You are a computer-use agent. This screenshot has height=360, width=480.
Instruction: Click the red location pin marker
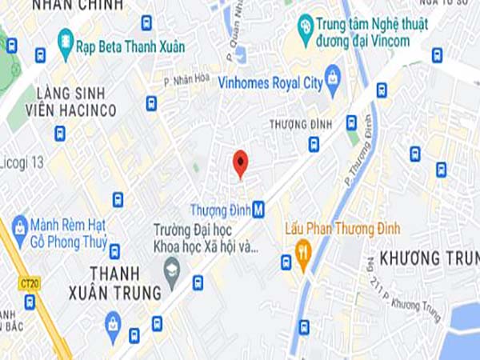[x=240, y=163]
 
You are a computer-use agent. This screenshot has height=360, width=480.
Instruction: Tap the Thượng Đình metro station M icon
[x=258, y=210]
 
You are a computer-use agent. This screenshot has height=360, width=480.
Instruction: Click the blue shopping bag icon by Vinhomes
[x=334, y=77]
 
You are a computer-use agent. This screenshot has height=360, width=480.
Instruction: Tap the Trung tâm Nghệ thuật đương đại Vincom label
[x=362, y=33]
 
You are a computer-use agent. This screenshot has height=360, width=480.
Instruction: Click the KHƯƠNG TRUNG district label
[x=421, y=258]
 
